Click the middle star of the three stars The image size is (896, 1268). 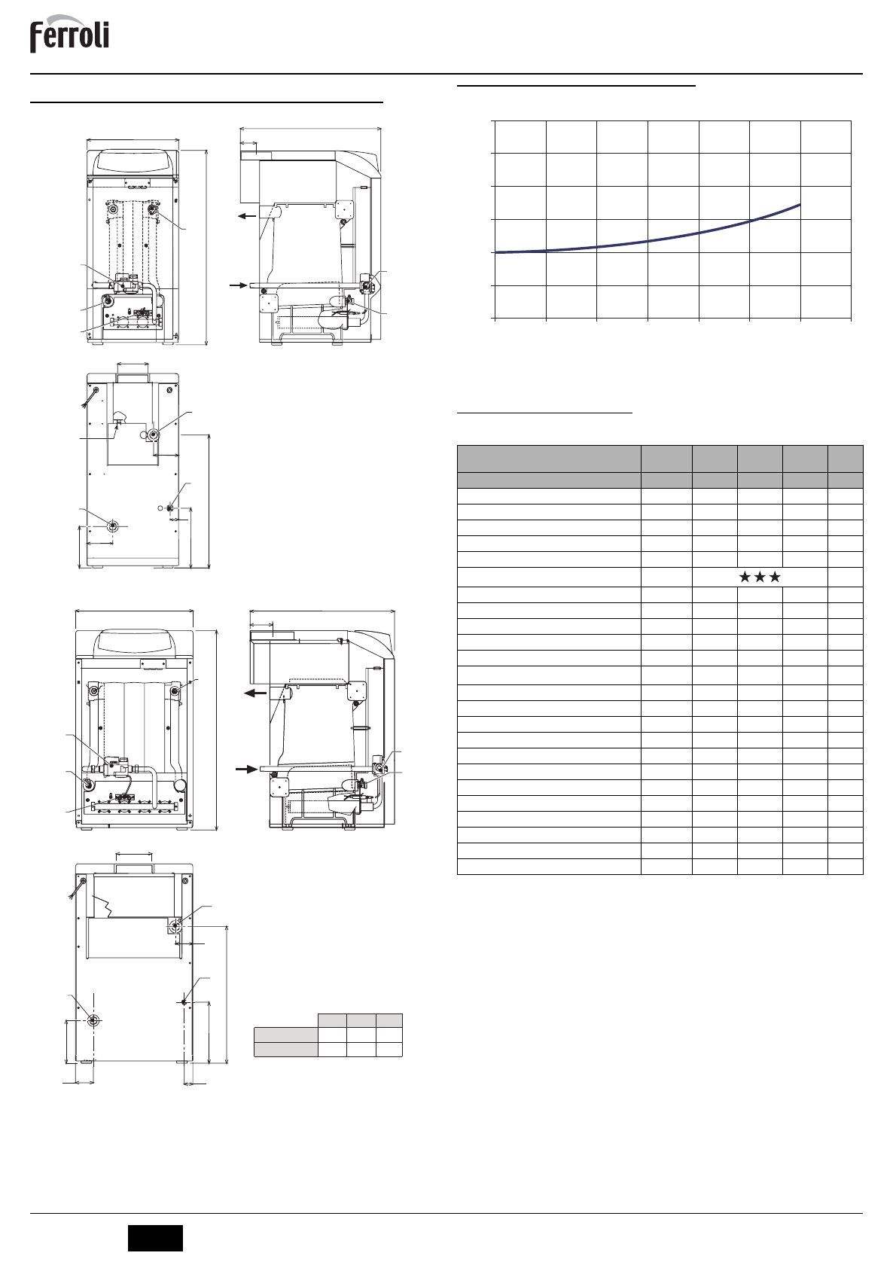[760, 577]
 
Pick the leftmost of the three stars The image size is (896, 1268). [745, 577]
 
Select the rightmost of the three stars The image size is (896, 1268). [774, 577]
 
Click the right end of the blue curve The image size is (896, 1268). [800, 204]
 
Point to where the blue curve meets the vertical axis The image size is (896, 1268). [495, 252]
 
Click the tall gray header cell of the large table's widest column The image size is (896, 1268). [548, 459]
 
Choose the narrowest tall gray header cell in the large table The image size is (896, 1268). [845, 459]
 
